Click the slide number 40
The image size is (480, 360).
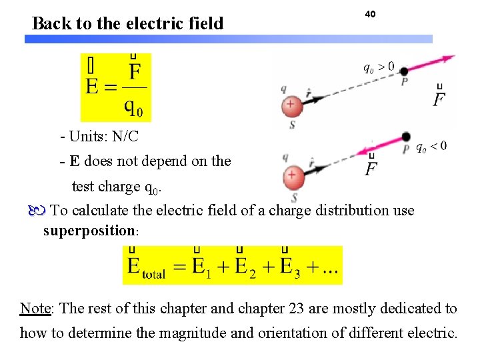[370, 14]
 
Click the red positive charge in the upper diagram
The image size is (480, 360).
[290, 105]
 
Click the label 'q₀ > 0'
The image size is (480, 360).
[378, 67]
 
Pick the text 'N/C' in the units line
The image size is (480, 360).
[126, 137]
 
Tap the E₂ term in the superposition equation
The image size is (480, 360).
[242, 266]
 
